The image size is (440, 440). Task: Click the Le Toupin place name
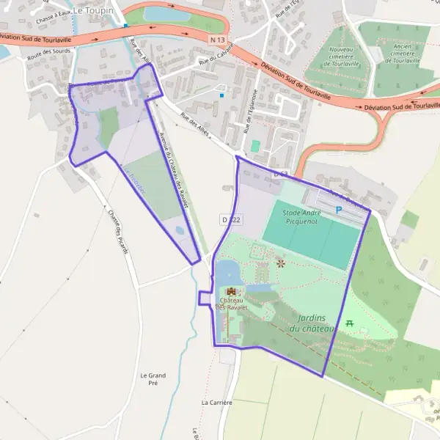click(94, 10)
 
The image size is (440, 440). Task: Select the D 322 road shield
click(230, 219)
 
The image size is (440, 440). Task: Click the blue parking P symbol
click(339, 210)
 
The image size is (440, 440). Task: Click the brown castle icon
click(232, 292)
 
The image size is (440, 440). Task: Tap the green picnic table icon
click(350, 323)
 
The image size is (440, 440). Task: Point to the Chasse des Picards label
click(118, 232)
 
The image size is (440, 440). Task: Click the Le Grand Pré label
click(153, 379)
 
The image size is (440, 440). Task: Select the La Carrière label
click(216, 403)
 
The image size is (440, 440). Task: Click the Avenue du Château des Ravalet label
click(174, 168)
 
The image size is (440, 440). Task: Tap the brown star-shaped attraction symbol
click(279, 263)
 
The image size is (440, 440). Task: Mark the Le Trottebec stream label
click(135, 180)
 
